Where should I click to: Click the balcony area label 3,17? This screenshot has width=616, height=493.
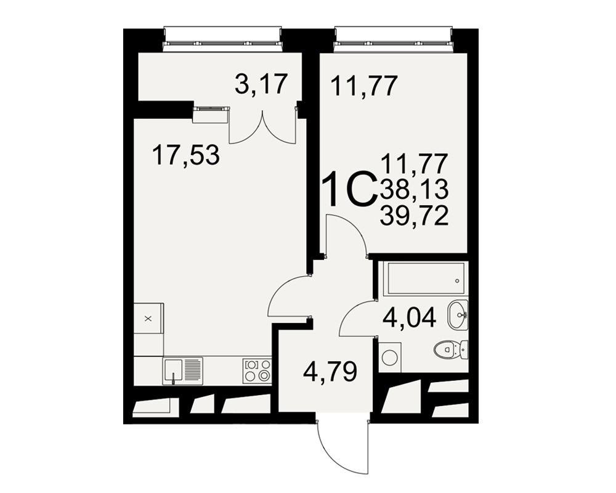point(262,84)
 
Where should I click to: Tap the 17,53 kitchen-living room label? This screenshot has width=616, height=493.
point(186,155)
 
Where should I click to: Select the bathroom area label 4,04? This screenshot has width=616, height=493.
point(410,317)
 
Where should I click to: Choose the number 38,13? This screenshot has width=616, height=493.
point(414,189)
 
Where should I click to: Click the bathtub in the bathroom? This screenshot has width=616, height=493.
point(426,279)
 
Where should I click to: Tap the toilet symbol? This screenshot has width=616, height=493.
point(452,349)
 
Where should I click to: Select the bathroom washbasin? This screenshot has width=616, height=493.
point(458,315)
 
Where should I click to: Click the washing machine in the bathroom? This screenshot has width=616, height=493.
point(390,357)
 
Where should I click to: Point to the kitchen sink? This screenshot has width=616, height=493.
point(183,371)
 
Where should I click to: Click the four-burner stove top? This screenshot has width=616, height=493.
point(257,371)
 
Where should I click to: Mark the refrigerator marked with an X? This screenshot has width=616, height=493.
point(148,318)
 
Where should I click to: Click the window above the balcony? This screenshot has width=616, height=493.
point(223,39)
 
